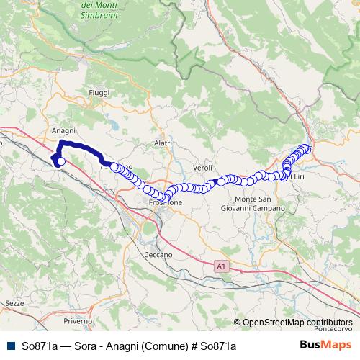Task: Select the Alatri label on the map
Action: tap(163, 143)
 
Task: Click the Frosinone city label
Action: tap(164, 203)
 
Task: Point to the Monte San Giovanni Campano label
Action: tap(259, 204)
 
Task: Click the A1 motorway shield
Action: tap(222, 266)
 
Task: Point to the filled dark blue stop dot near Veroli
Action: tap(215, 181)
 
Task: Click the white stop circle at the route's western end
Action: tap(61, 162)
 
